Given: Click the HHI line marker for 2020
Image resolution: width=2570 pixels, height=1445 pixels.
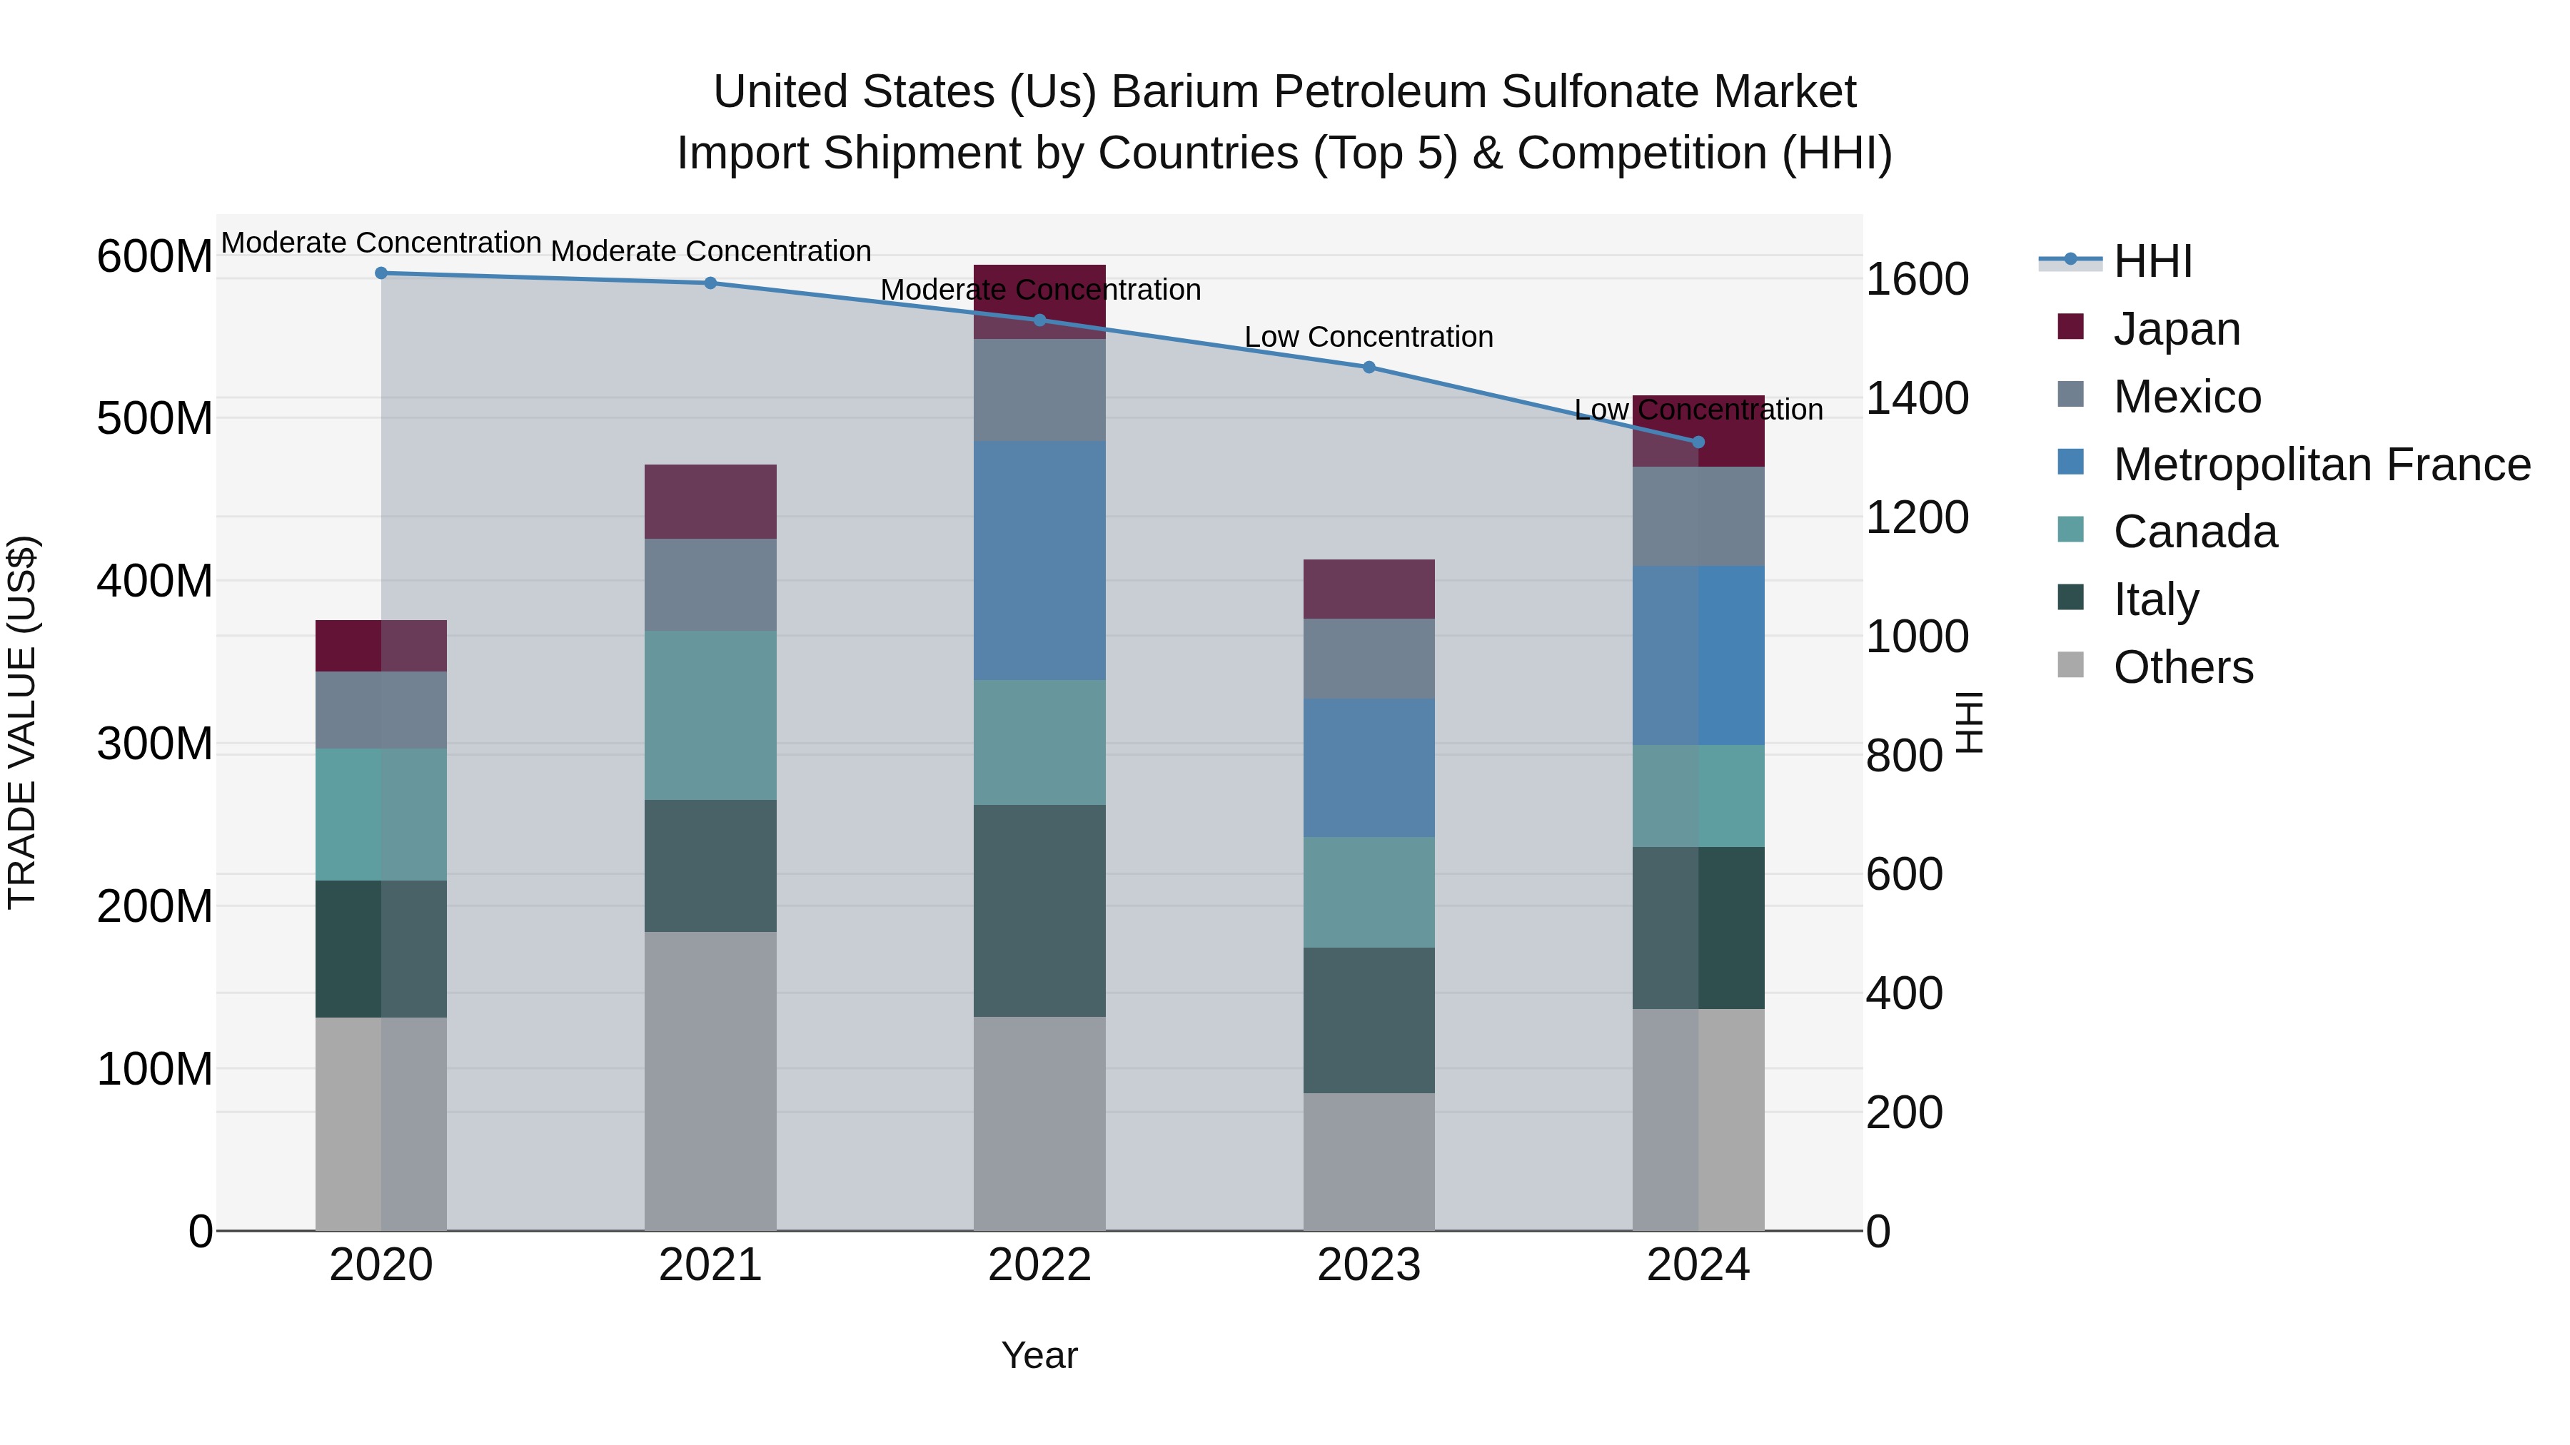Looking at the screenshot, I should coord(381,273).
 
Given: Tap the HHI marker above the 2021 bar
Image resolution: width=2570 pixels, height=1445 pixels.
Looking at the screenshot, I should coord(710,283).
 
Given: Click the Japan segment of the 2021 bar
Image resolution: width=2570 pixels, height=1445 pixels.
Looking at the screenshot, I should coord(710,502).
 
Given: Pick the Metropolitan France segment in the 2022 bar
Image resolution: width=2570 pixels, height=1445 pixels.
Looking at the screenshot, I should coord(1039,560).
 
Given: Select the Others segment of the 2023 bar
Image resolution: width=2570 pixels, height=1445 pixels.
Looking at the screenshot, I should coord(1369,1162).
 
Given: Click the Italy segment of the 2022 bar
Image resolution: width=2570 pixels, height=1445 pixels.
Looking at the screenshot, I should coord(1039,911).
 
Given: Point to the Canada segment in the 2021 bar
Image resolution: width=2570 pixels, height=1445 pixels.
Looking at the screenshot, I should coord(710,715).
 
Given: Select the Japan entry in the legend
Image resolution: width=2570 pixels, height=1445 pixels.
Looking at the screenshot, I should coord(2176,329).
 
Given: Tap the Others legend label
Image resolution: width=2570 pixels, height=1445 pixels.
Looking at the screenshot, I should coord(2183,667).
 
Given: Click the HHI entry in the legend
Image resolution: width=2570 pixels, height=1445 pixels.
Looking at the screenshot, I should coord(2152,261).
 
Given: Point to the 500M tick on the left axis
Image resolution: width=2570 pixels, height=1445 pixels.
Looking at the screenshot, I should coord(155,419).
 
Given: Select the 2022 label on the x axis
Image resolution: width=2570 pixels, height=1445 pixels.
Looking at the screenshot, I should coord(1039,1265).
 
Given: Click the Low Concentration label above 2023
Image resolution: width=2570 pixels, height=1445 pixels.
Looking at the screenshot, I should coord(1369,337).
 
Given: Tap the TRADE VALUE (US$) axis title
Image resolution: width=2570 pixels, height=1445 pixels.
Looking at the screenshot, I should coord(22,722).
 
